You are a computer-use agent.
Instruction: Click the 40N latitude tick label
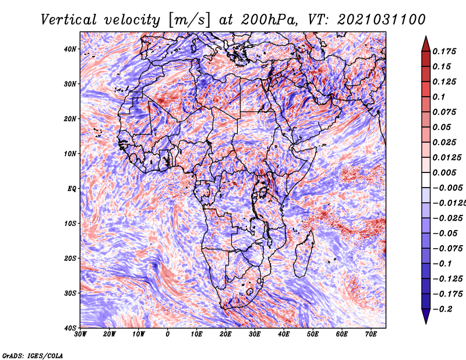tap(70, 49)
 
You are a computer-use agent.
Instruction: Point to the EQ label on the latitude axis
tap(72, 189)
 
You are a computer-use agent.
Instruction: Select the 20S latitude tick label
tap(70, 258)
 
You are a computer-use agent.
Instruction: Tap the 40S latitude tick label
tap(70, 328)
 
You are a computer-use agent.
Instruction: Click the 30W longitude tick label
tap(80, 334)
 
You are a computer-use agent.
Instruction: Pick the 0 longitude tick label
tap(168, 334)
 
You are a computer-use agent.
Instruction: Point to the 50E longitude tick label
tap(313, 334)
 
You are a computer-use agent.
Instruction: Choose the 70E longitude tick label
tap(371, 334)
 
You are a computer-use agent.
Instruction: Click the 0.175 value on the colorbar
tap(444, 51)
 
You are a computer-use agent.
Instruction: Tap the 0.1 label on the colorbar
tap(439, 97)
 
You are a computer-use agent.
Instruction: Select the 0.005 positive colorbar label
tap(444, 172)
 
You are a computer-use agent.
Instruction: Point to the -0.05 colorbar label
tap(445, 234)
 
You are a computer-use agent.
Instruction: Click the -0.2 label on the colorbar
tap(442, 309)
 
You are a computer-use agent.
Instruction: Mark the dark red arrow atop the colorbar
tap(426, 45)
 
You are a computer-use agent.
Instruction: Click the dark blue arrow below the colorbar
tap(426, 316)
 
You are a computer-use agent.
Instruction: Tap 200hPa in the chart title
tap(269, 20)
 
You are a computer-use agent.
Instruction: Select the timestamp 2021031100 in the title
tap(382, 20)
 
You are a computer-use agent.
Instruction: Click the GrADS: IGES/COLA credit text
tap(33, 356)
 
